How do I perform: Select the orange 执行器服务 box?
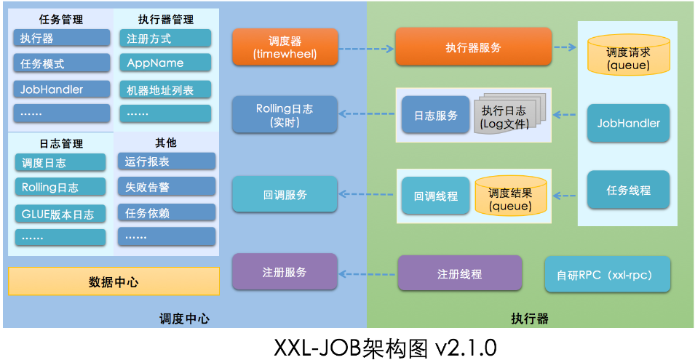click(x=473, y=47)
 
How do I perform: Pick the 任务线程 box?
click(x=628, y=191)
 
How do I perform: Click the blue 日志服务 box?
click(x=436, y=116)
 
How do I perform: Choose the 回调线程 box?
click(x=436, y=196)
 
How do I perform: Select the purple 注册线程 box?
click(x=459, y=274)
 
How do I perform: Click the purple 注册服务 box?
click(x=285, y=272)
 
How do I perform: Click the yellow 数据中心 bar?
click(x=114, y=281)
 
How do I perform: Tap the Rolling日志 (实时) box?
click(x=285, y=115)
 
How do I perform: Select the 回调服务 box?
click(x=285, y=195)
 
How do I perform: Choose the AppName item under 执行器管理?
click(x=165, y=63)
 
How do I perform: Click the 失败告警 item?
click(x=167, y=187)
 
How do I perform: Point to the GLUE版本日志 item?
click(x=60, y=214)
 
